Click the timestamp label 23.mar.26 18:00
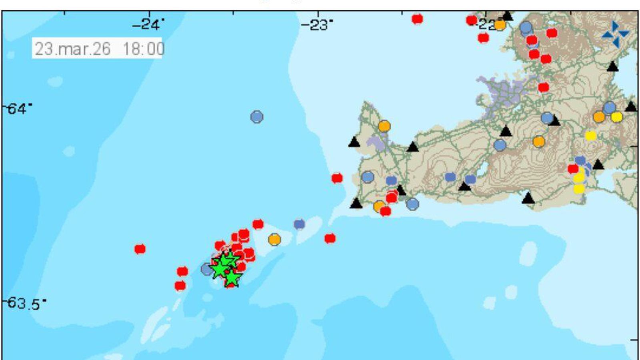click(x=98, y=49)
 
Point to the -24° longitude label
click(x=148, y=25)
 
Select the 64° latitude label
click(x=18, y=109)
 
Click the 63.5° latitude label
click(x=24, y=303)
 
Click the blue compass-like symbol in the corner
click(x=615, y=34)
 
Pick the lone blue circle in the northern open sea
click(x=257, y=117)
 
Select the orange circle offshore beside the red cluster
click(x=274, y=240)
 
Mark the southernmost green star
click(x=232, y=278)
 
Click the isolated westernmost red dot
click(x=140, y=249)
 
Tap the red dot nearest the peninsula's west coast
click(x=337, y=178)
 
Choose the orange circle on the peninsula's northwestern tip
click(x=384, y=126)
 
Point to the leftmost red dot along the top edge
click(x=417, y=19)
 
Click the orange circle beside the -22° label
click(x=500, y=25)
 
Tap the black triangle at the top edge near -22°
click(x=508, y=16)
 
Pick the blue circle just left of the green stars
click(x=207, y=269)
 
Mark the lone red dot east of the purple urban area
click(x=543, y=87)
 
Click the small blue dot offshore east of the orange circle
click(x=299, y=224)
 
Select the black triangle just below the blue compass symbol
click(x=613, y=66)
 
